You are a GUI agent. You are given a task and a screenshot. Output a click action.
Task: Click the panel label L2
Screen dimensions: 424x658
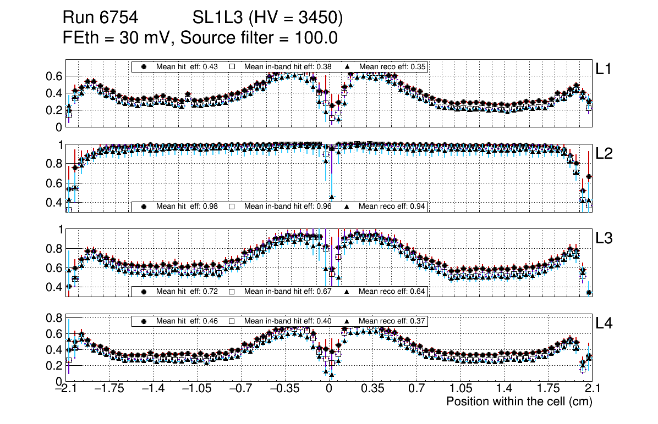[x=605, y=153]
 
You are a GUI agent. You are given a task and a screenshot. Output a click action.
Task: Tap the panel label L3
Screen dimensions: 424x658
[x=605, y=238]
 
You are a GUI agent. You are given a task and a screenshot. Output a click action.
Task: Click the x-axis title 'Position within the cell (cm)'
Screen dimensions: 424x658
[x=519, y=401]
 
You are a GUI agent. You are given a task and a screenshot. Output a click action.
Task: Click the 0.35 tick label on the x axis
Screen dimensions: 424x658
[x=372, y=389]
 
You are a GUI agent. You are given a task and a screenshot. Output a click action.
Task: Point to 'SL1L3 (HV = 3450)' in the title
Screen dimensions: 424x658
[x=268, y=19]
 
